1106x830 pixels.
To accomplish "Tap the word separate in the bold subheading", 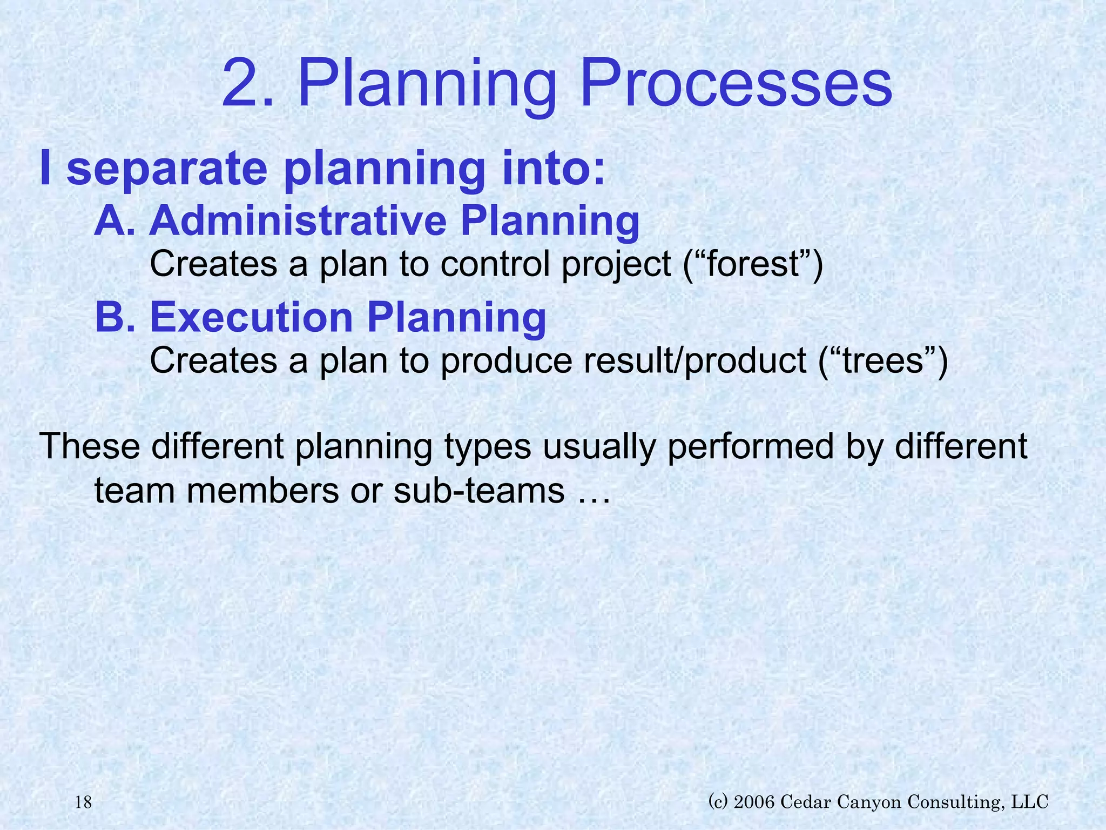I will (167, 169).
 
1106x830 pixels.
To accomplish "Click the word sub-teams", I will (478, 491).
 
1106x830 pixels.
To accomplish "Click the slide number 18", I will (83, 802).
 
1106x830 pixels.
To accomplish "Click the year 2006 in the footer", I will (755, 801).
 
